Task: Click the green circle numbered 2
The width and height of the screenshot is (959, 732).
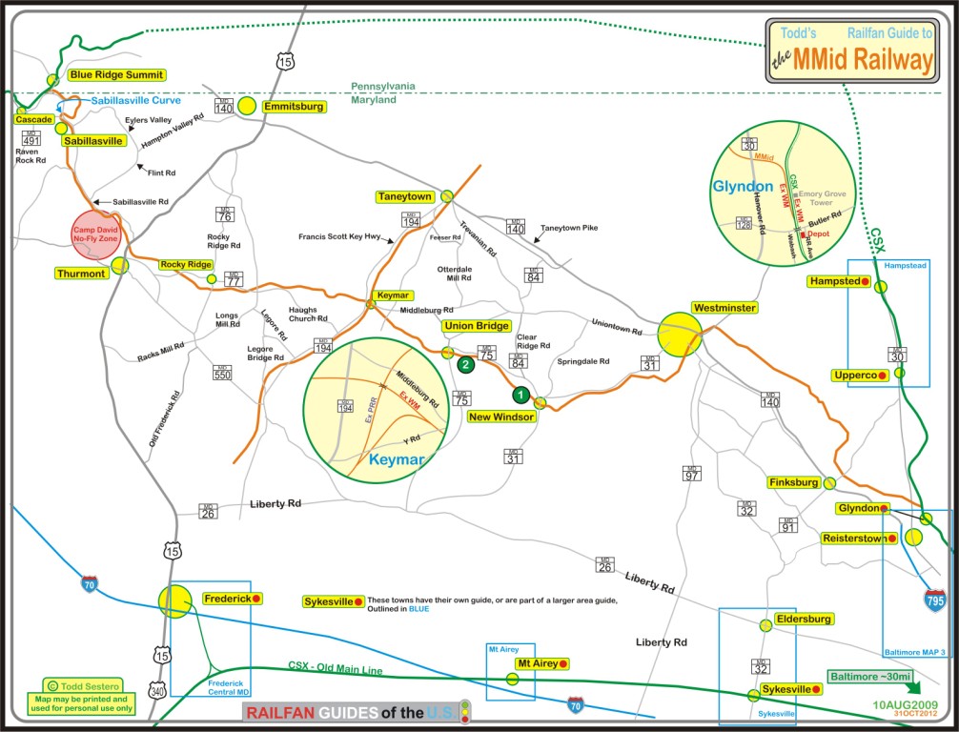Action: [465, 363]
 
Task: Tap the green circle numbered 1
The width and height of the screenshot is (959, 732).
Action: [520, 394]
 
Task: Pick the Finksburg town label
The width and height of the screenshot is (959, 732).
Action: [793, 483]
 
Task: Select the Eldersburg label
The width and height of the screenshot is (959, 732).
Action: [805, 619]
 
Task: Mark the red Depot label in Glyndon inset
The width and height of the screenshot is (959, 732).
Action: [818, 233]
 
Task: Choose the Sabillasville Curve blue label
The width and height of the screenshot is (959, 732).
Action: [133, 101]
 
